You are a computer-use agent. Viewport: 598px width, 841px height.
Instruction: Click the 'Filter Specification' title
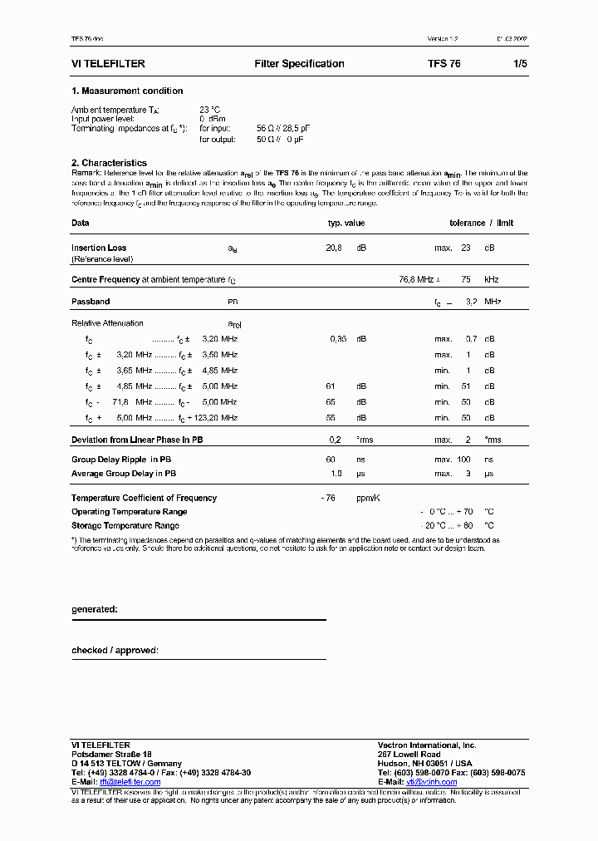tap(299, 64)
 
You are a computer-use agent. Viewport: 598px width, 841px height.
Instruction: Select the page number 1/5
tap(520, 64)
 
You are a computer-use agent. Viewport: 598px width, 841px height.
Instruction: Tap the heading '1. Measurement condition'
tap(127, 91)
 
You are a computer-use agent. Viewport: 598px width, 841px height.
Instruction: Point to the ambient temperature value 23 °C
tap(210, 110)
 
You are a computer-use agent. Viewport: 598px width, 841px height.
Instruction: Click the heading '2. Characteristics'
tap(109, 163)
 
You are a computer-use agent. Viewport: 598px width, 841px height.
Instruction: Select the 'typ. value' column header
tap(346, 223)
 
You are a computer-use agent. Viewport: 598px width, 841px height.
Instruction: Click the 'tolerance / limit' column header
tap(481, 223)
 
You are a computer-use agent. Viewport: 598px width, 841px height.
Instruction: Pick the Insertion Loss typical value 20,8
tap(333, 248)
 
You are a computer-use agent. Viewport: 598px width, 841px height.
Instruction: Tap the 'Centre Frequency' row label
tap(105, 280)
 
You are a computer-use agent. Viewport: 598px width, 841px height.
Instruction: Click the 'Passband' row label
tap(91, 302)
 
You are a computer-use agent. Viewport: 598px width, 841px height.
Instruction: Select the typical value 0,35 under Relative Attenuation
tap(337, 339)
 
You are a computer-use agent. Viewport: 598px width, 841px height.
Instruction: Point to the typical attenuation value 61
tap(331, 386)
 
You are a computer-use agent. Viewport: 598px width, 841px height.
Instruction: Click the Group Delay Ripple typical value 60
tap(331, 460)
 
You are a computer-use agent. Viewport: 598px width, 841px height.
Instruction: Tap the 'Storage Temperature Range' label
tap(125, 525)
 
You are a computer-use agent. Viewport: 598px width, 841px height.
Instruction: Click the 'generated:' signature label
tap(94, 609)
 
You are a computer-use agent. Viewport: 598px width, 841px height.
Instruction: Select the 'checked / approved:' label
tap(115, 650)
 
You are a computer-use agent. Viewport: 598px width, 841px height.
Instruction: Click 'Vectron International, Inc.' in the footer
tap(427, 745)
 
